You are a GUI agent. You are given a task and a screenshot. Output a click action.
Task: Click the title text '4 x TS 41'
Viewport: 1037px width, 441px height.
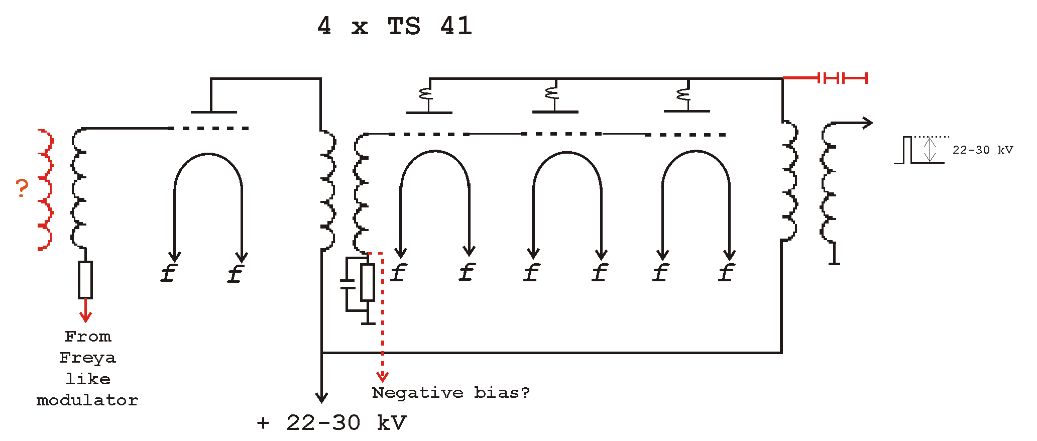click(x=395, y=26)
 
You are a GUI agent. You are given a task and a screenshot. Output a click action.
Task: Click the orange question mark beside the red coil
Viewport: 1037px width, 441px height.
click(x=22, y=188)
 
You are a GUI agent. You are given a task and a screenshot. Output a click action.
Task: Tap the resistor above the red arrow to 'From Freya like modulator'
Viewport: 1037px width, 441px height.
click(x=85, y=280)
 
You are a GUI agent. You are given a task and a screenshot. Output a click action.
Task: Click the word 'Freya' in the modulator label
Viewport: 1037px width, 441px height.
click(x=87, y=358)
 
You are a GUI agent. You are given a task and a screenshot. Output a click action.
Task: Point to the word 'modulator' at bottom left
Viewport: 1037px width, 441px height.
click(x=87, y=400)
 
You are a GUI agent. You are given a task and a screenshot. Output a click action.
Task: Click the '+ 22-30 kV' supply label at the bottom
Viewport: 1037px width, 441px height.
click(x=331, y=423)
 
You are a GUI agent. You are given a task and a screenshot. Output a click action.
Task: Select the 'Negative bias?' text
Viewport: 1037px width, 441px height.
click(x=451, y=392)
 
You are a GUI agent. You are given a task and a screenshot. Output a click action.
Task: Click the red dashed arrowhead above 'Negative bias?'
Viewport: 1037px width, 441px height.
click(x=383, y=376)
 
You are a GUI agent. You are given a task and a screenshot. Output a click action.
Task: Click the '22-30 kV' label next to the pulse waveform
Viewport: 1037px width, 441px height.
click(x=983, y=150)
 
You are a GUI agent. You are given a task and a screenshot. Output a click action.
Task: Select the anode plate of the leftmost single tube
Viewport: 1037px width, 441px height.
click(x=213, y=112)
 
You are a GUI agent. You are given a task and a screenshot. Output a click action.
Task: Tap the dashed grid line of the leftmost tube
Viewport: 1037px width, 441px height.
click(x=209, y=129)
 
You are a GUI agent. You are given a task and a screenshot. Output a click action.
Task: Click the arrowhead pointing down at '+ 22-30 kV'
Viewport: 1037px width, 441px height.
click(x=321, y=397)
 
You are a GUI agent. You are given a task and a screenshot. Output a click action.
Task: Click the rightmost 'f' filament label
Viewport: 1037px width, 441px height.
click(x=726, y=273)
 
